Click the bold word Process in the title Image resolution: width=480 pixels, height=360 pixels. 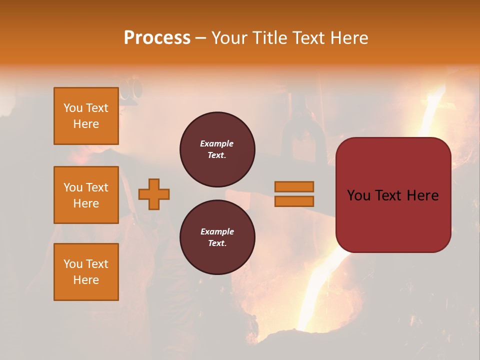click(157, 37)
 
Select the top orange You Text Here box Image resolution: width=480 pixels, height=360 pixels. click(86, 116)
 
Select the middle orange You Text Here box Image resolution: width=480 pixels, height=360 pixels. click(86, 195)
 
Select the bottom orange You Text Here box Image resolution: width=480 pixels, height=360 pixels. click(86, 271)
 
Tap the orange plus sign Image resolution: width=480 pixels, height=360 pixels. click(154, 194)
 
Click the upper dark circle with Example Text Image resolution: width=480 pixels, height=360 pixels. click(217, 149)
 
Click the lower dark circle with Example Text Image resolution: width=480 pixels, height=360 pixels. click(217, 237)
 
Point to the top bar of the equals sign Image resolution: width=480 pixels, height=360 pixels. click(294, 186)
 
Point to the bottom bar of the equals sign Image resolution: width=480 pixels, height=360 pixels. click(294, 201)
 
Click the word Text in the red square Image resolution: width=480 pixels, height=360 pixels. click(392, 195)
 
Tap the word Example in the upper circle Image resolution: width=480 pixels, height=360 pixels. click(217, 143)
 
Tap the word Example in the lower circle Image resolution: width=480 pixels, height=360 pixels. click(217, 231)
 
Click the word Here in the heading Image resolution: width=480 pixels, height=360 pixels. click(348, 37)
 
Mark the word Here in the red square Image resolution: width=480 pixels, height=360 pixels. click(422, 195)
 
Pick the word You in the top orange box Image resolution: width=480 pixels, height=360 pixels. click(73, 108)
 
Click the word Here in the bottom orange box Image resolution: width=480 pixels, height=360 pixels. click(86, 280)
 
